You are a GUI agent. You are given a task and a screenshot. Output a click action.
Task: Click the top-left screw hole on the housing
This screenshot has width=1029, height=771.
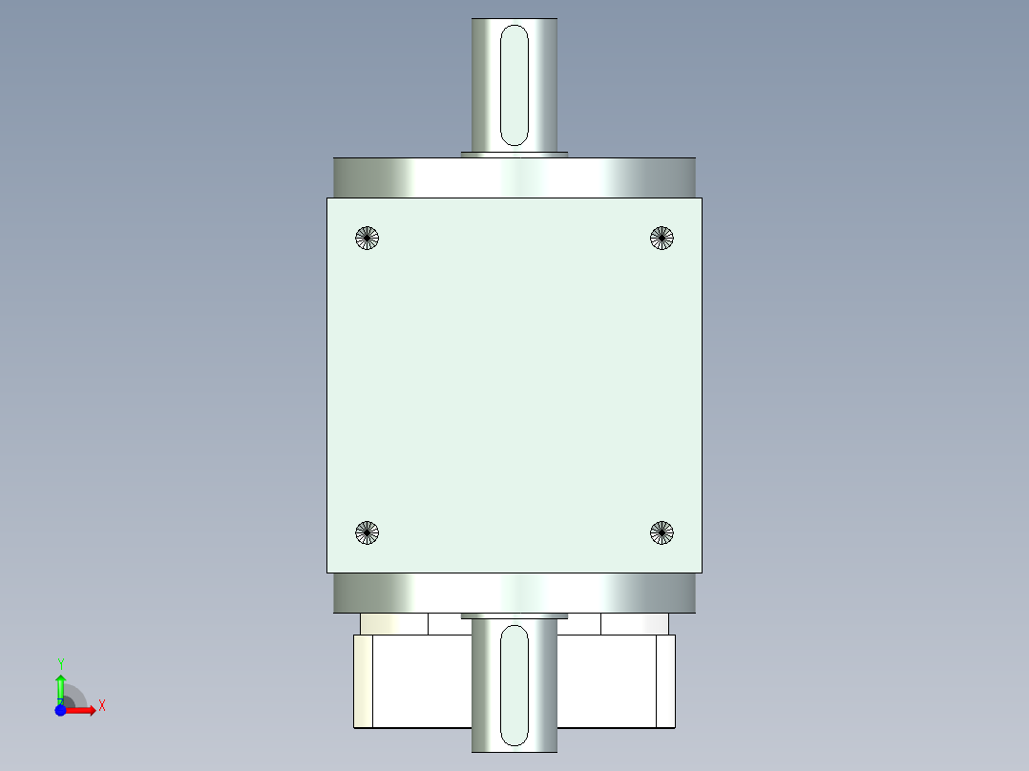pos(367,238)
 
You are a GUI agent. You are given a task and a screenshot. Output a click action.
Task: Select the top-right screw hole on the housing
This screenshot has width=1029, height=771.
pos(661,238)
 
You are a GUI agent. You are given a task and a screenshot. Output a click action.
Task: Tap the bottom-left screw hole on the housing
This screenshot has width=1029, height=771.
pos(367,533)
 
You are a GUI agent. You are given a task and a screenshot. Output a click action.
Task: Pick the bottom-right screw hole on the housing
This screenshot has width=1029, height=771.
pos(661,533)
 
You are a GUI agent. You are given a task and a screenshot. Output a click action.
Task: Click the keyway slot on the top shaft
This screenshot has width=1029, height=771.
pos(514,86)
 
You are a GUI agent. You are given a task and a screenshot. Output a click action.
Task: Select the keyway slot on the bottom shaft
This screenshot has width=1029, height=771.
pos(514,685)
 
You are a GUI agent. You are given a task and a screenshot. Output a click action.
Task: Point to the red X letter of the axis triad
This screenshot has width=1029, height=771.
pos(102,706)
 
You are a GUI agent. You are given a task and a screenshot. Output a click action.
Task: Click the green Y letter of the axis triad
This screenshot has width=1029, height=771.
pos(60,663)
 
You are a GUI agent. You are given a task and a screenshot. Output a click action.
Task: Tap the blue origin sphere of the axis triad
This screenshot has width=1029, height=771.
pos(60,711)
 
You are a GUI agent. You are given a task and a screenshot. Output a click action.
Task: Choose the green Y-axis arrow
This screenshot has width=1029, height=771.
pos(60,687)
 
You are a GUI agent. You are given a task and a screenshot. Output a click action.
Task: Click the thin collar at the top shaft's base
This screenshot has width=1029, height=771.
pos(514,153)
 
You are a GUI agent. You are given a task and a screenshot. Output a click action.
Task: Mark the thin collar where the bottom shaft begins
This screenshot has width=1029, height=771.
pos(514,616)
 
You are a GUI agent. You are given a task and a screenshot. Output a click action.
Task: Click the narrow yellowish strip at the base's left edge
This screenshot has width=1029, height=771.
pos(363,681)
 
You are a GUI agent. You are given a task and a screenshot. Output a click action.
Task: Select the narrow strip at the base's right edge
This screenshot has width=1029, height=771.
pos(665,681)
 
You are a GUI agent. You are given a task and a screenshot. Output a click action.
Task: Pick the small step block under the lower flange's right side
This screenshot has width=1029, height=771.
pos(635,624)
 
